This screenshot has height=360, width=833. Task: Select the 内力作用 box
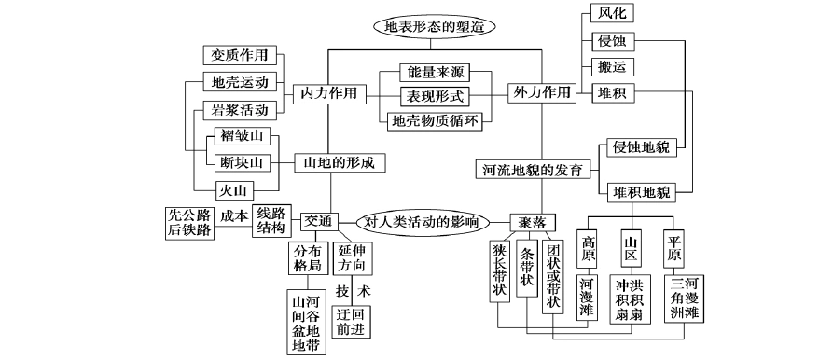pos(329,94)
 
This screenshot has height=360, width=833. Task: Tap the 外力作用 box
pos(541,93)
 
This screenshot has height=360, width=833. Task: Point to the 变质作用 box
pos(240,54)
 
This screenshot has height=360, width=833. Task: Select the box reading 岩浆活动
pos(240,110)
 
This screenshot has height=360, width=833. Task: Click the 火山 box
pos(232,190)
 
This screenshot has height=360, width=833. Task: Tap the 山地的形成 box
pos(340,162)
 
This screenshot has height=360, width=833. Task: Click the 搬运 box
pos(613,67)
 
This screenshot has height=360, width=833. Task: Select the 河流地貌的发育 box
pos(533,170)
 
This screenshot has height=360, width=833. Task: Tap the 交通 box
pos(316,222)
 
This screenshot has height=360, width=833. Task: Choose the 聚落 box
pos(533,223)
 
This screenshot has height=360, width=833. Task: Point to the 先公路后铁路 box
pos(188,223)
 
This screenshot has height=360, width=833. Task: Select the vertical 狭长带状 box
pos(499,270)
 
